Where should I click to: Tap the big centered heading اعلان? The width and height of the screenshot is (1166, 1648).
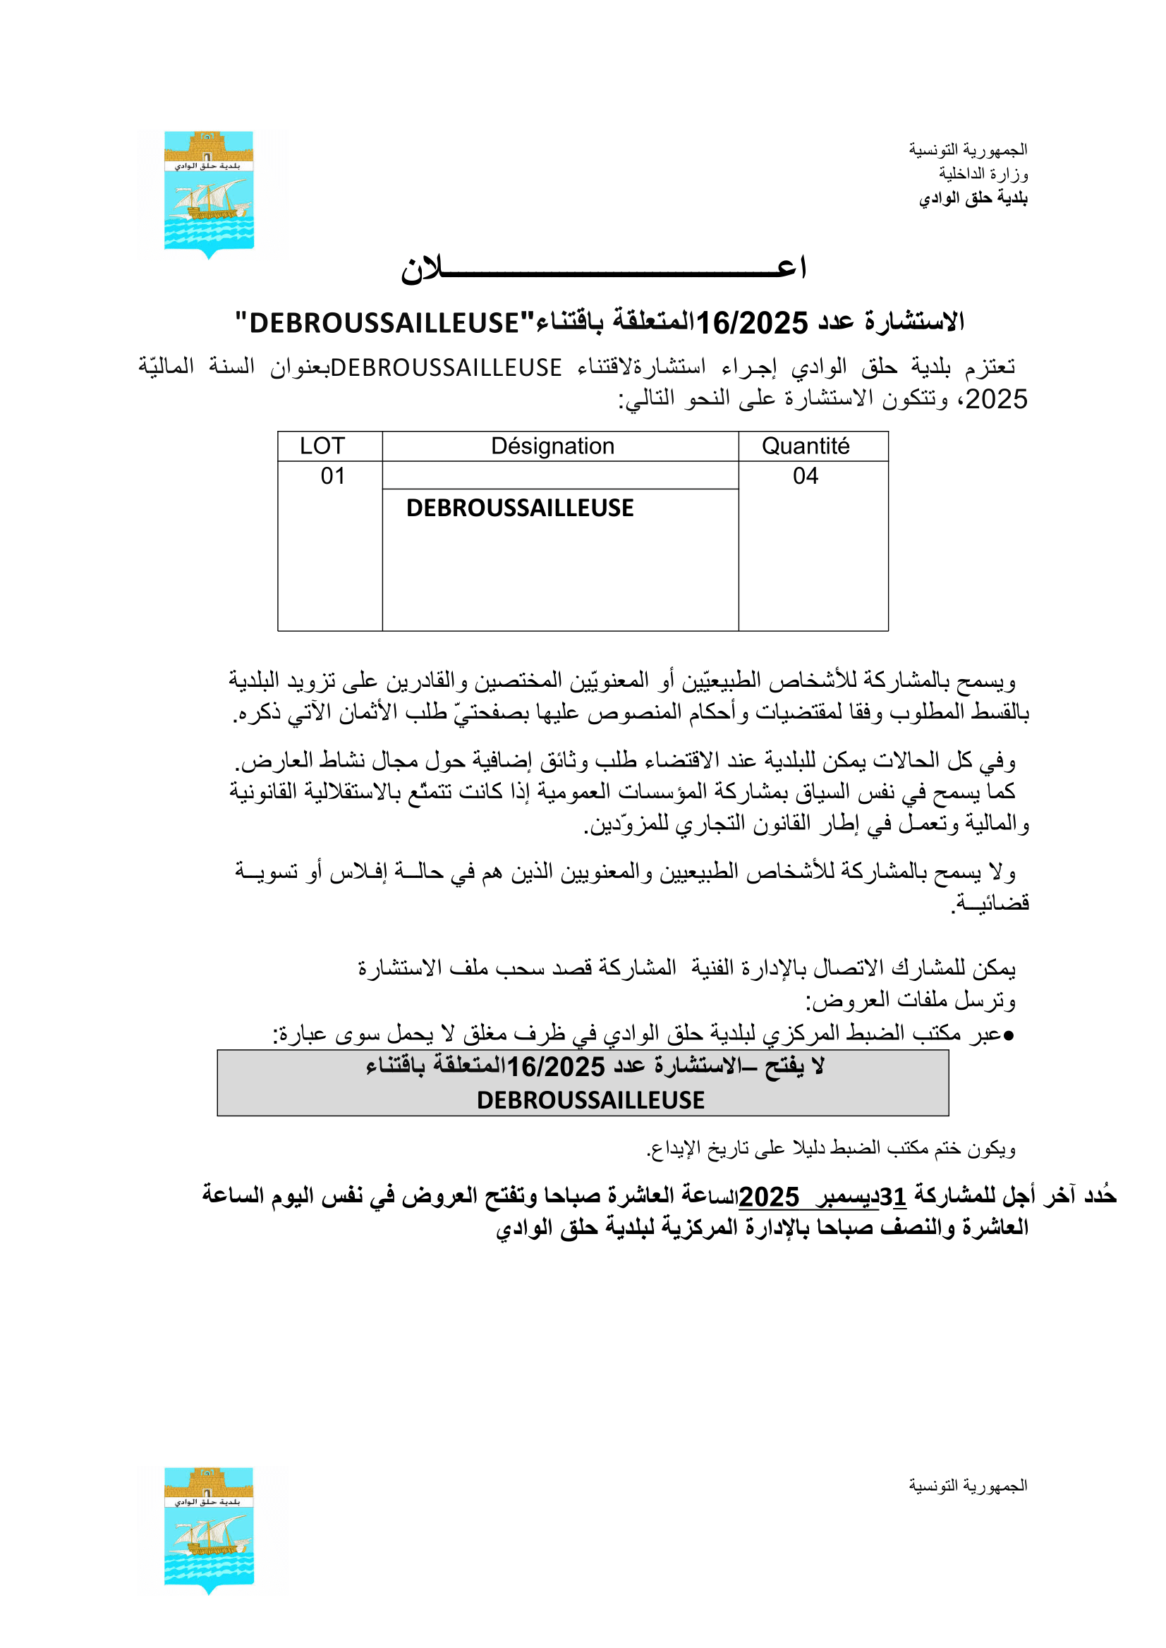click(x=603, y=269)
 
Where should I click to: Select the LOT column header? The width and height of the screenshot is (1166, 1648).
click(x=322, y=446)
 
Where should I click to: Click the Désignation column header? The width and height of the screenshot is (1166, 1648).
click(x=552, y=446)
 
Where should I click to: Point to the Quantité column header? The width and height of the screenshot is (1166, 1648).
click(x=805, y=446)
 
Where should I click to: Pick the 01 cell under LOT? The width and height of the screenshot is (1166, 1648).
click(x=332, y=476)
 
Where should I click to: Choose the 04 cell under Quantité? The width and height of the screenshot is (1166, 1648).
click(x=805, y=476)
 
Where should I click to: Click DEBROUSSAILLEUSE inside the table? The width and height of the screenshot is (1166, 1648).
click(x=520, y=508)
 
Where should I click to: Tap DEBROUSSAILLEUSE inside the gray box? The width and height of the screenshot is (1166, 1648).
click(x=590, y=1100)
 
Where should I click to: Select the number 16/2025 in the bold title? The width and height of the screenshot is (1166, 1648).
click(x=752, y=324)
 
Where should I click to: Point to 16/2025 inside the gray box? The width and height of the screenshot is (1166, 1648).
click(x=556, y=1068)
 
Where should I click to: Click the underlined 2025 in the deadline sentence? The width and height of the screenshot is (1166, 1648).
click(x=769, y=1197)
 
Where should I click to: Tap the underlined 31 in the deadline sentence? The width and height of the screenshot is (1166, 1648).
click(x=892, y=1197)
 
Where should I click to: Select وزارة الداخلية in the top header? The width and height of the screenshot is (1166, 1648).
click(x=983, y=173)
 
